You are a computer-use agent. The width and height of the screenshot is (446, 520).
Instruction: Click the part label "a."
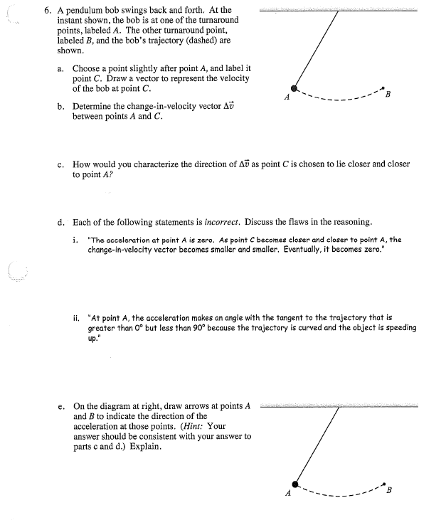(62, 69)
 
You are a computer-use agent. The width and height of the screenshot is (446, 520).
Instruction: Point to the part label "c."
(62, 164)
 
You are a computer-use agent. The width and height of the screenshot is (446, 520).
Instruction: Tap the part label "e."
(62, 407)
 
